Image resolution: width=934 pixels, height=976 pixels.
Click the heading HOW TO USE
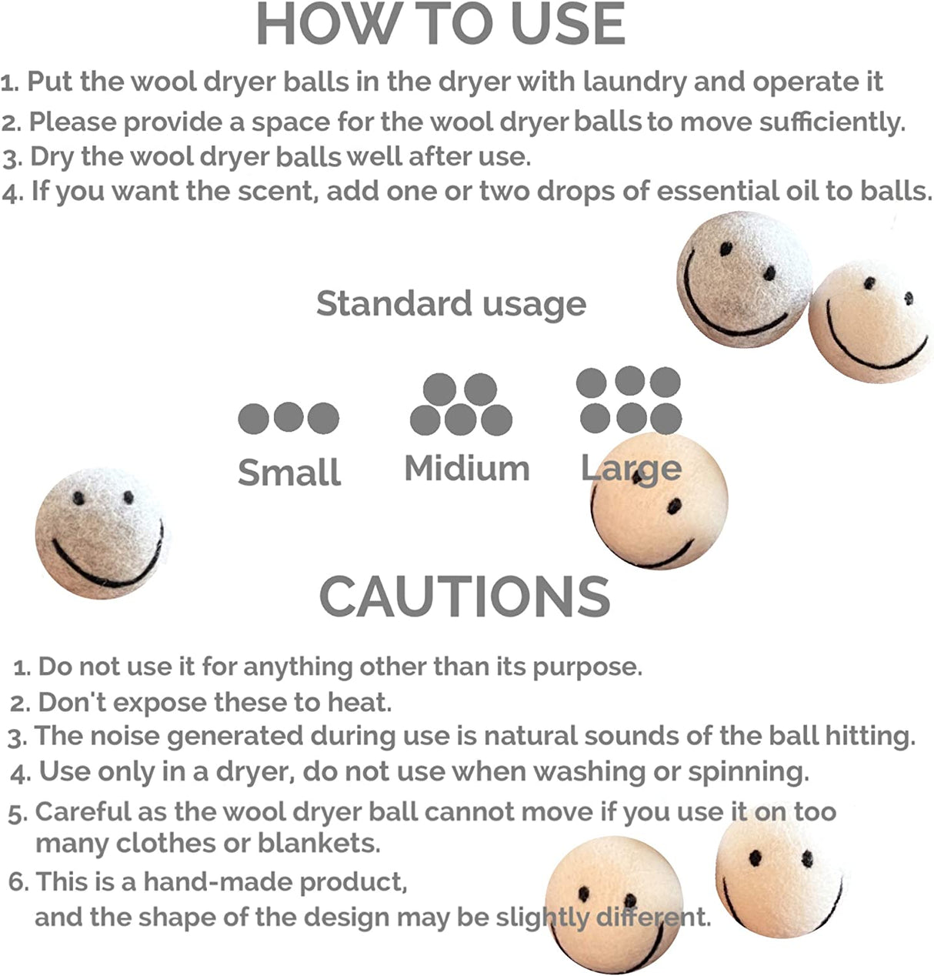point(441,24)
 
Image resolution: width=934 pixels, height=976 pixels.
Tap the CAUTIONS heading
point(465,596)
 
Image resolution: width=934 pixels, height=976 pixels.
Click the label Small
point(289,472)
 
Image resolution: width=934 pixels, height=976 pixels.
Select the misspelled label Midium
point(467,469)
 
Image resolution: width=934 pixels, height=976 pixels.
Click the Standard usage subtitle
point(451,304)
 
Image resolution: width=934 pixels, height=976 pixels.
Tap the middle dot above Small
point(289,417)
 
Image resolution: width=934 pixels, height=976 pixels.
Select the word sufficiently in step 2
point(832,122)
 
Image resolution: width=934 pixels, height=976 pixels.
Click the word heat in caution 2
point(359,702)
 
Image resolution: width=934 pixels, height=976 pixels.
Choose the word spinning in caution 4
point(748,773)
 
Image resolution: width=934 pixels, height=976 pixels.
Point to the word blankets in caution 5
point(319,843)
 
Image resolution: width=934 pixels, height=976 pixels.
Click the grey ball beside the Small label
point(100,533)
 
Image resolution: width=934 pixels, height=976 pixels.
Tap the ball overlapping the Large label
point(659,500)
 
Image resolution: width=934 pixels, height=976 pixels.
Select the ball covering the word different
point(615,904)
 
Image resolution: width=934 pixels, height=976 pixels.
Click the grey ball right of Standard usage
point(744,279)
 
